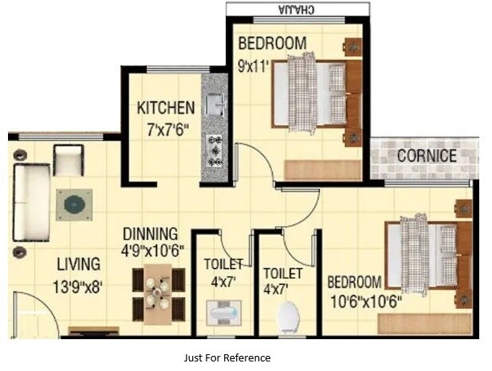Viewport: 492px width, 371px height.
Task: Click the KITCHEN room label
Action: [x=165, y=107]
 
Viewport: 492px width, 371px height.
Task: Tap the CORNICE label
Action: [x=427, y=156]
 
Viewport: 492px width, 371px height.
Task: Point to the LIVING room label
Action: [x=78, y=264]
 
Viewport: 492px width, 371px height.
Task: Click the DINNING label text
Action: [x=150, y=233]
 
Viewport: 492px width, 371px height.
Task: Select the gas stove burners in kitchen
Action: [x=215, y=150]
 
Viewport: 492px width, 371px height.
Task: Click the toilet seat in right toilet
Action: [x=288, y=318]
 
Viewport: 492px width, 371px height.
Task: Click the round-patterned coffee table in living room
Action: [x=74, y=205]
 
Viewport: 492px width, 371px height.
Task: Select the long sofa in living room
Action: [x=31, y=202]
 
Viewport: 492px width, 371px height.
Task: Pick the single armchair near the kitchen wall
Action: [x=69, y=161]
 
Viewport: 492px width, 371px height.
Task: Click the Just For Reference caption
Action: [x=226, y=357]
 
